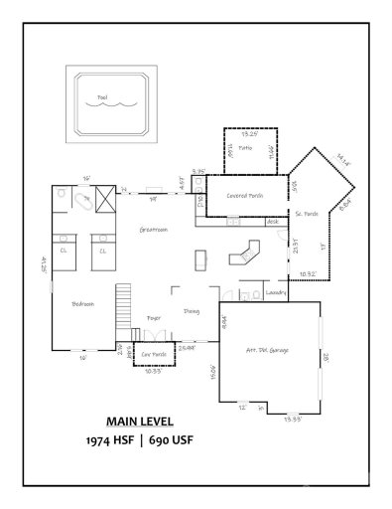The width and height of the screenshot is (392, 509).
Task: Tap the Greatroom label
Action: (141, 229)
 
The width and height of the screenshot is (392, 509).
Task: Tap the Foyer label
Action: (154, 317)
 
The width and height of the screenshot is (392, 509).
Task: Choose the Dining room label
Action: (192, 311)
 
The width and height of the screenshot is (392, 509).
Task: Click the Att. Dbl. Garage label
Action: (267, 350)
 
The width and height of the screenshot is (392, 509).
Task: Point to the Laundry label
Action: (277, 293)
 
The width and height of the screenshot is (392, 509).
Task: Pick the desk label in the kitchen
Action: (273, 222)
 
